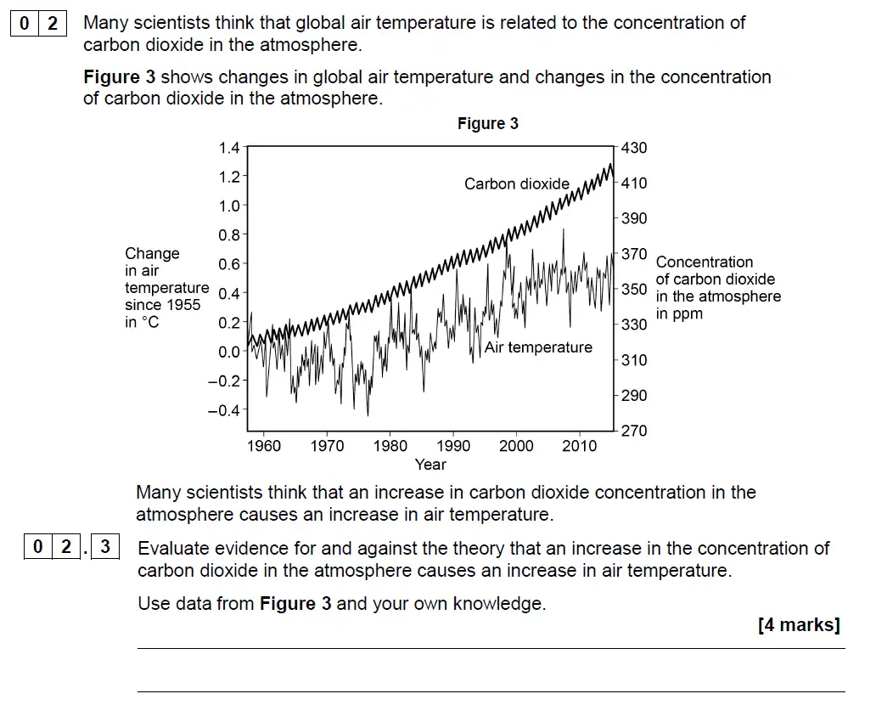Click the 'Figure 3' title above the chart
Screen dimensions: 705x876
point(487,124)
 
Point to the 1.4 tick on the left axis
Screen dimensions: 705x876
point(229,148)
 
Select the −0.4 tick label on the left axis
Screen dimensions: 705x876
point(225,410)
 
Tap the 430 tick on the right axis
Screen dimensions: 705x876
point(634,148)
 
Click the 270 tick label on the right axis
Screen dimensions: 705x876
point(634,431)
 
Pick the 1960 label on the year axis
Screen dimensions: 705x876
point(264,446)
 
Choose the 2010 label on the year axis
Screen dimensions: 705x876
point(579,446)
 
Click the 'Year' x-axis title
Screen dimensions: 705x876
point(430,465)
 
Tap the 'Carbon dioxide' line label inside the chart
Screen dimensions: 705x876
point(517,183)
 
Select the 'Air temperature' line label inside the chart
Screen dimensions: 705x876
point(538,347)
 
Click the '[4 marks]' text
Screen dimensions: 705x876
point(799,626)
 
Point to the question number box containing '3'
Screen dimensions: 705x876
point(105,547)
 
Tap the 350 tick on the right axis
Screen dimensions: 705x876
point(634,290)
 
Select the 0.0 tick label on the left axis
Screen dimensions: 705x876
point(229,352)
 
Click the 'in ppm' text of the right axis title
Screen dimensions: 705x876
point(679,314)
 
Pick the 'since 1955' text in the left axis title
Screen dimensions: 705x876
point(163,305)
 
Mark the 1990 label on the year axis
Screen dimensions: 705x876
point(453,446)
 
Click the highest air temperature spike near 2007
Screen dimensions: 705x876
point(564,230)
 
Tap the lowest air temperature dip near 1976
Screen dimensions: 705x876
point(368,415)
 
